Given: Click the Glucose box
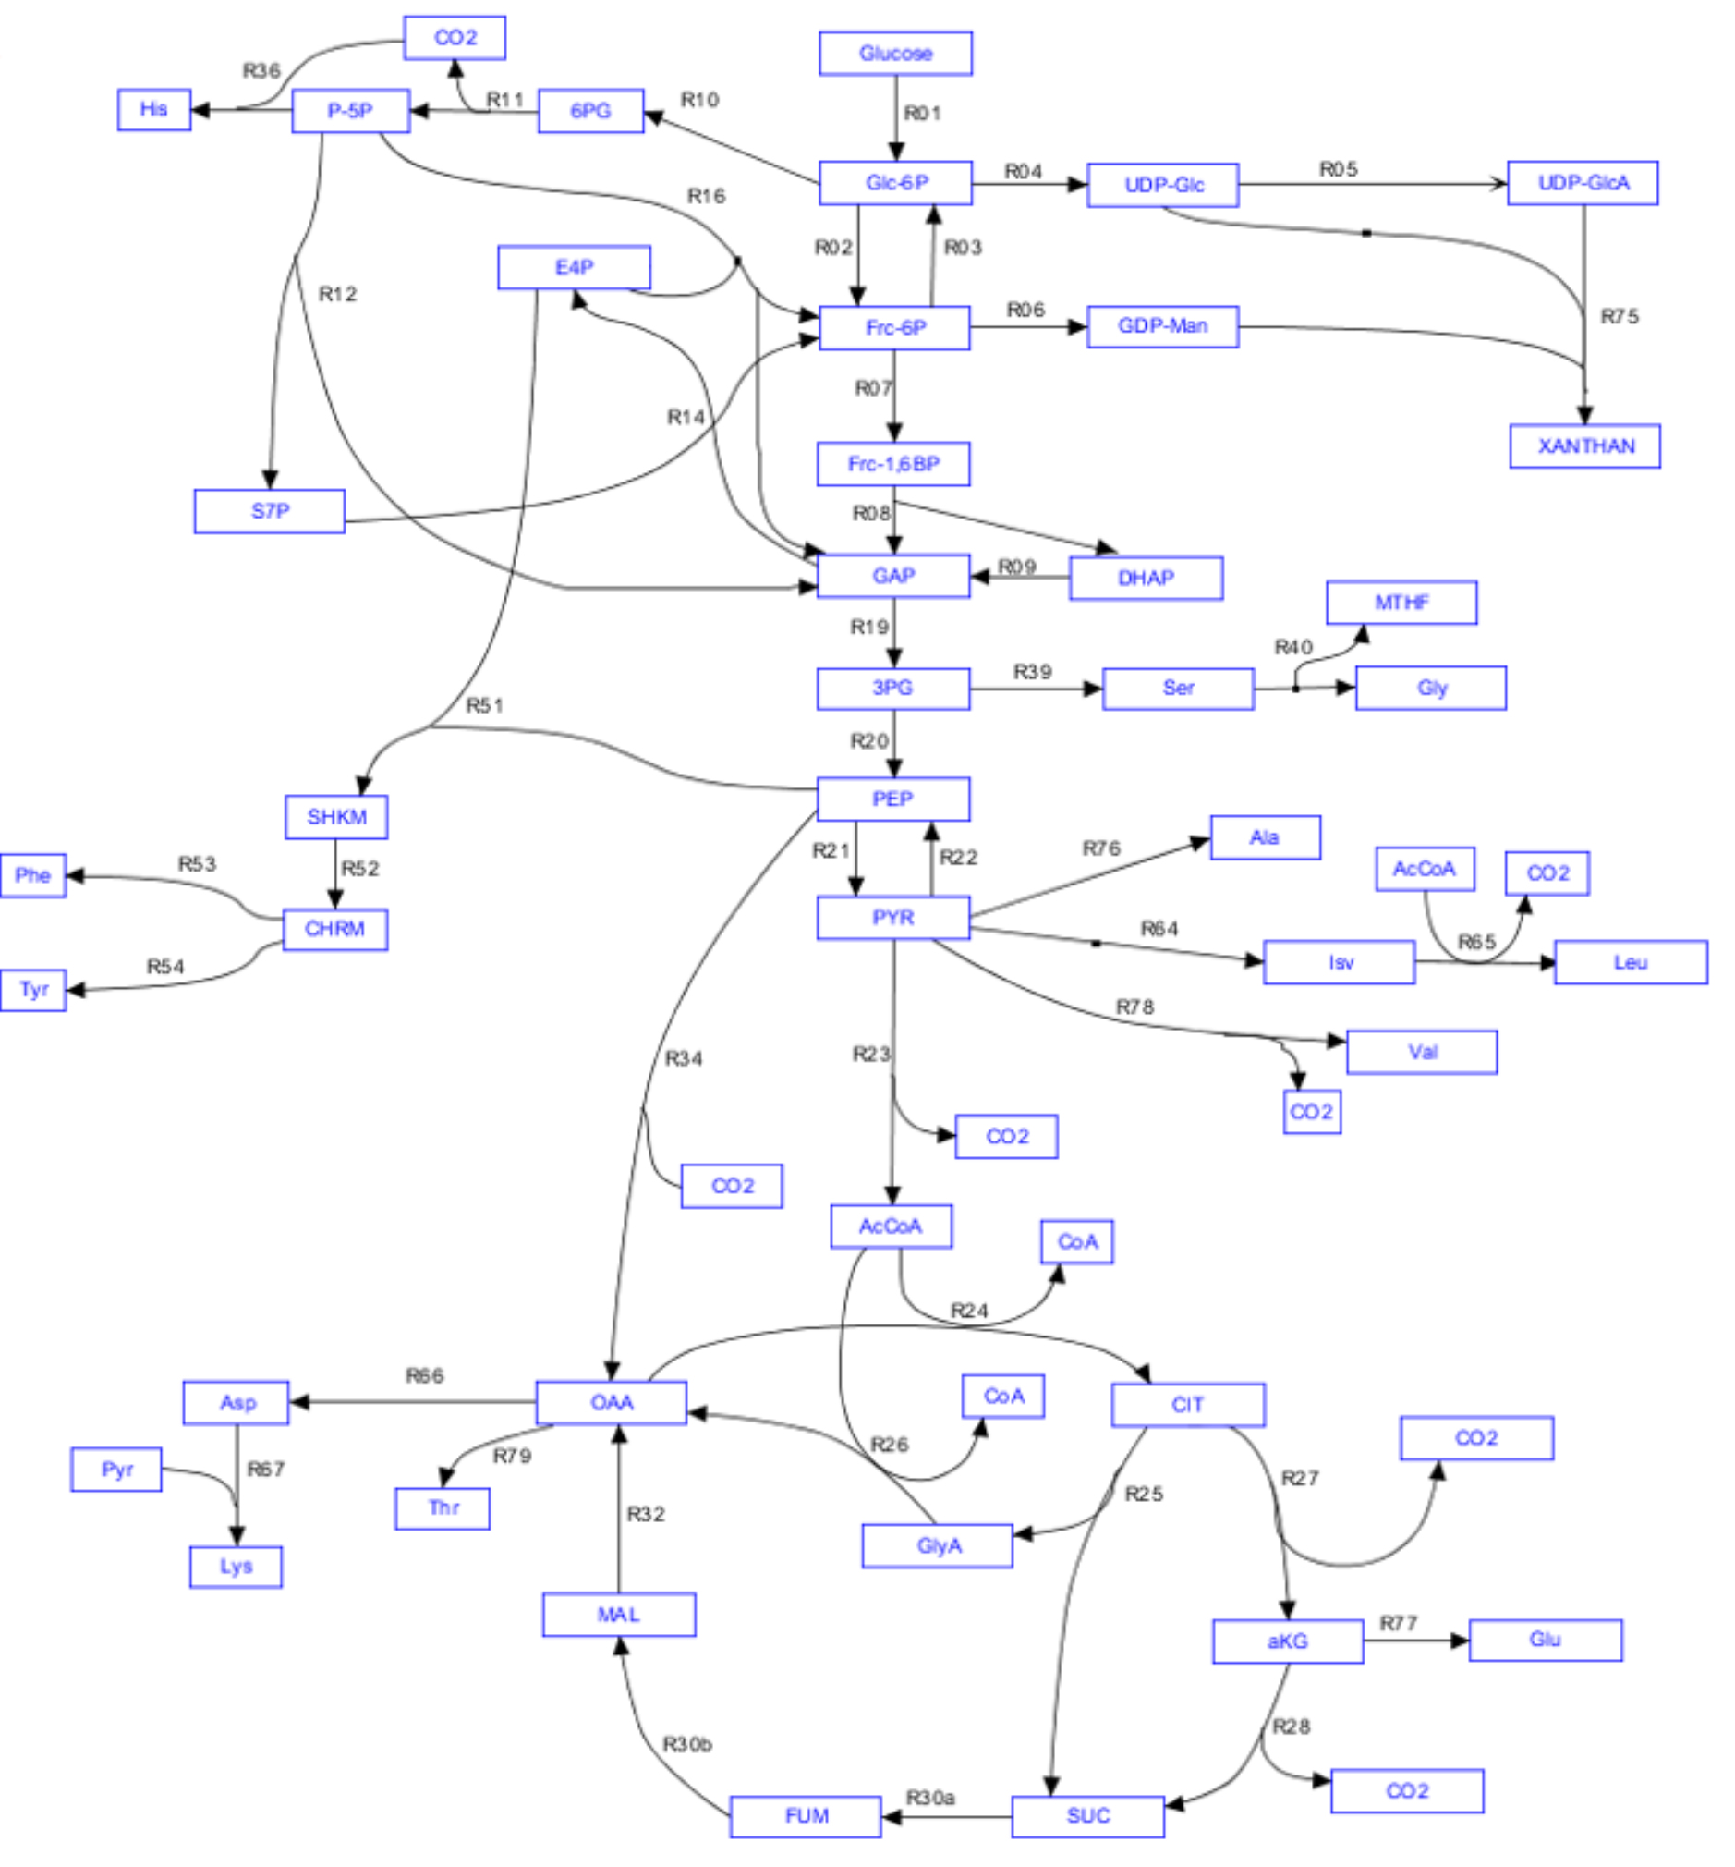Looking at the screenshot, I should click(x=894, y=54).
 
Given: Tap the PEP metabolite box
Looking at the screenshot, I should click(x=892, y=799).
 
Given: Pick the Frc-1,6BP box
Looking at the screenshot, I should click(x=892, y=464).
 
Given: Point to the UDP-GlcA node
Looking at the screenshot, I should click(x=1582, y=183).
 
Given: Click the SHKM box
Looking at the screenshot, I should click(x=336, y=817).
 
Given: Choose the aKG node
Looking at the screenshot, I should click(x=1287, y=1641).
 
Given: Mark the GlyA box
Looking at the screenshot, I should click(x=937, y=1545).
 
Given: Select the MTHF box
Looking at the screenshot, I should click(x=1401, y=603).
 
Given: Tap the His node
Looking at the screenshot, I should click(x=154, y=110).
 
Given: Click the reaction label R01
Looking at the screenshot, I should click(x=922, y=114).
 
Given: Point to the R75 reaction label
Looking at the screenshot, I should click(x=1620, y=317).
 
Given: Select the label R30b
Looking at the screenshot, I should click(x=687, y=1745).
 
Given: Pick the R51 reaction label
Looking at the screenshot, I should click(x=484, y=705).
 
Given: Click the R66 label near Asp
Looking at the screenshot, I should click(x=424, y=1376).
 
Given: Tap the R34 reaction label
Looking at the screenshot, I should click(x=684, y=1059).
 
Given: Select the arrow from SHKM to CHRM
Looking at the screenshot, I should click(x=335, y=873).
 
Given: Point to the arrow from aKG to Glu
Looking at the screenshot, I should click(x=1415, y=1641).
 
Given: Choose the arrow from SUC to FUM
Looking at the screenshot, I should click(x=946, y=1817).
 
